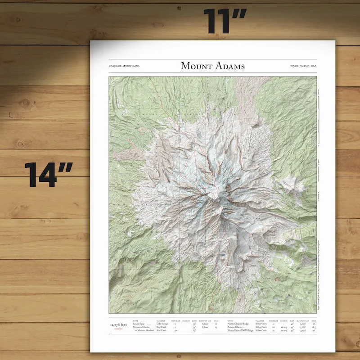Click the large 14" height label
(49, 174)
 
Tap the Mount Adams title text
(212, 66)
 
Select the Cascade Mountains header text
(124, 66)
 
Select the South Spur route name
(139, 323)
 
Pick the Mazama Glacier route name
(141, 327)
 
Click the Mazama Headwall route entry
(144, 330)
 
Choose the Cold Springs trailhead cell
(163, 323)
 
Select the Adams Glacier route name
(237, 327)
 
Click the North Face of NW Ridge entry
(242, 330)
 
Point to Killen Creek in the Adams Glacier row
(262, 327)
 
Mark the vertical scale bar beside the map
(319, 117)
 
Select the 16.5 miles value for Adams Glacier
(312, 327)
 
